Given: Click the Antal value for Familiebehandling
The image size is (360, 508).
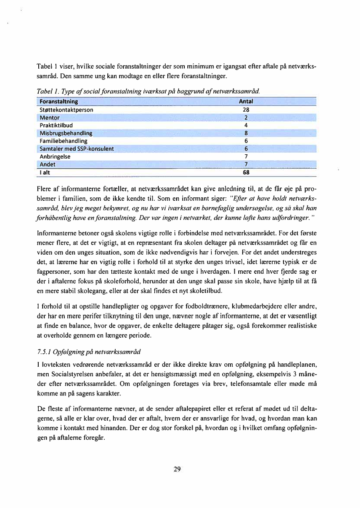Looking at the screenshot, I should (x=246, y=141).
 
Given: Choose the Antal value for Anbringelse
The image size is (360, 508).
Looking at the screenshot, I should (x=246, y=156).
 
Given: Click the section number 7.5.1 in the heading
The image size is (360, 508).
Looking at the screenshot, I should (x=43, y=351).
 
